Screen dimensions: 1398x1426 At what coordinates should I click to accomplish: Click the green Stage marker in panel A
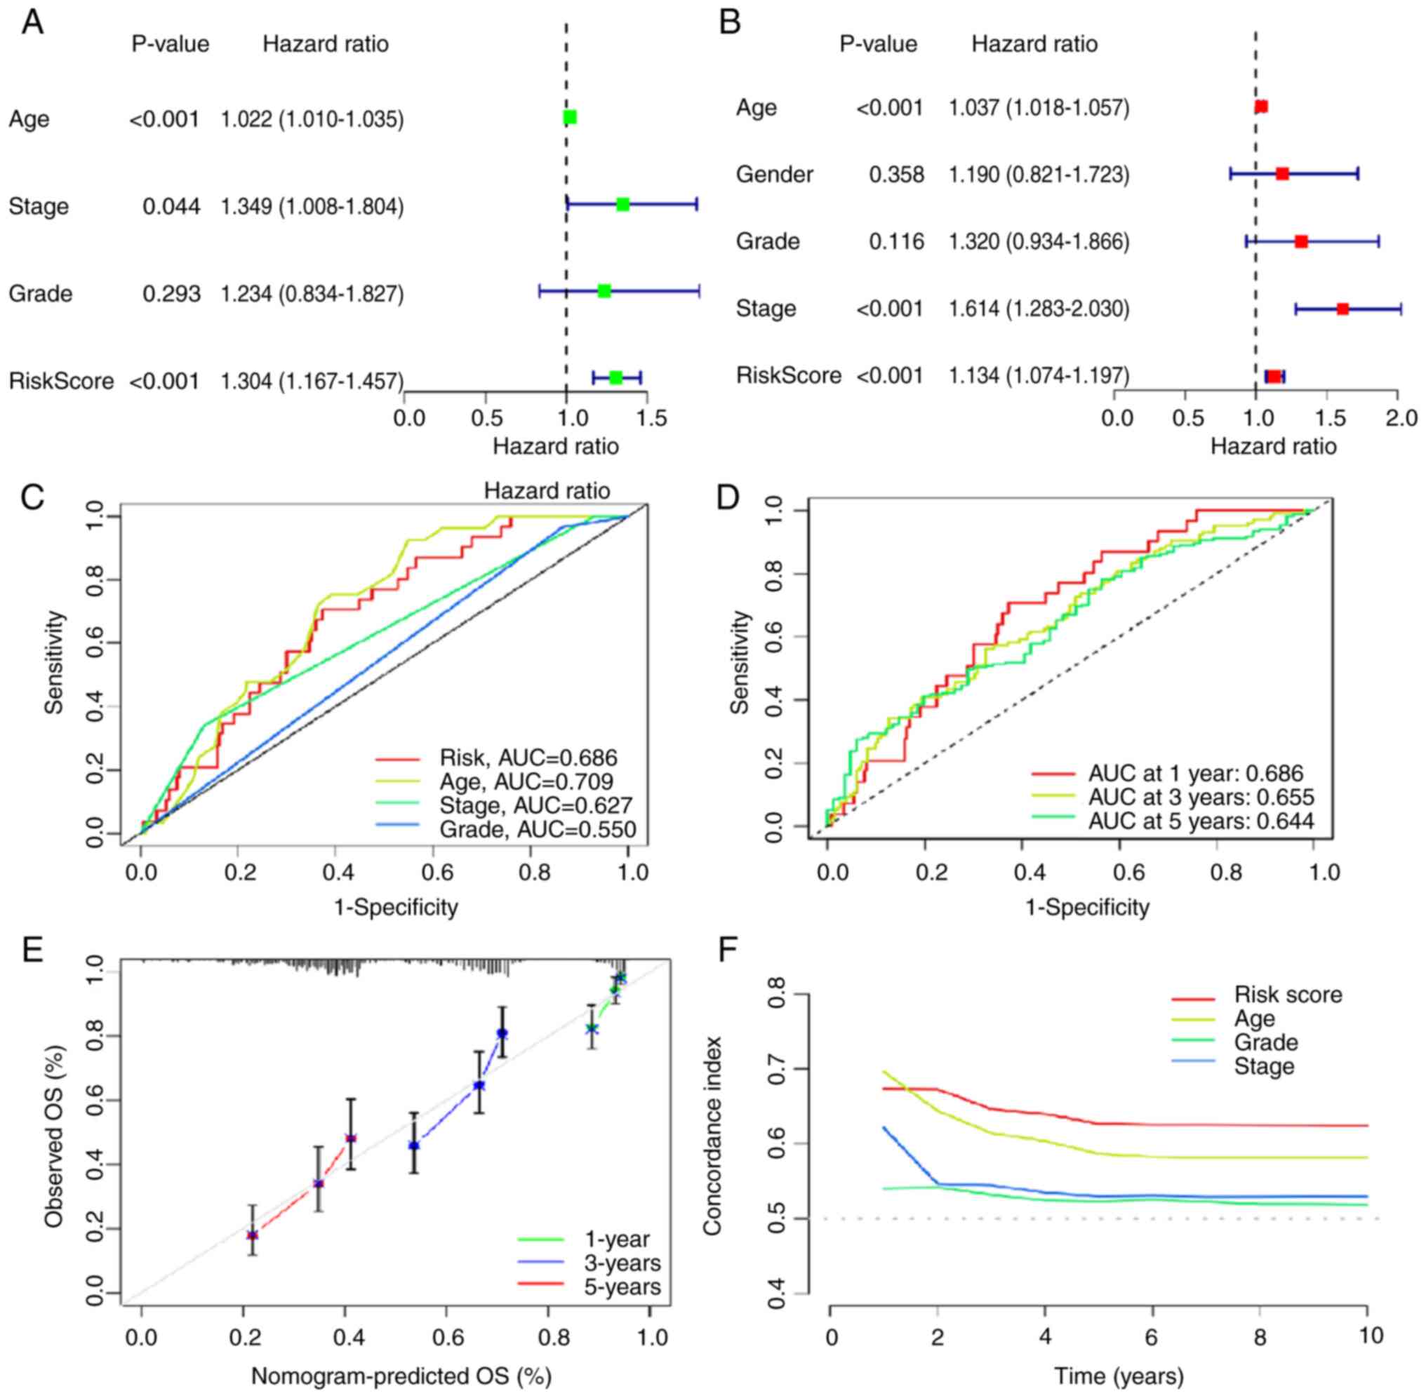[x=622, y=205]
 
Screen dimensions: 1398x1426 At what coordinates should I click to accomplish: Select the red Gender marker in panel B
[x=1282, y=174]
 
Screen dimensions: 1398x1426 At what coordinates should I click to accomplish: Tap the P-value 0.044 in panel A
[x=171, y=207]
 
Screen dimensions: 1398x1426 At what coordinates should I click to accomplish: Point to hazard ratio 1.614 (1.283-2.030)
[x=1039, y=309]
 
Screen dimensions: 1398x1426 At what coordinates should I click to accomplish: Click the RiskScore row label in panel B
[x=788, y=375]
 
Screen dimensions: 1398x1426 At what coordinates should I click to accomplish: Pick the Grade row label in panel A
[x=41, y=294]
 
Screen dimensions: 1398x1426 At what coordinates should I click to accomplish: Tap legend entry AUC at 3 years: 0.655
[x=1201, y=798]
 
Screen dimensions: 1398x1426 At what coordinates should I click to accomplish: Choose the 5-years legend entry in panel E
[x=622, y=1287]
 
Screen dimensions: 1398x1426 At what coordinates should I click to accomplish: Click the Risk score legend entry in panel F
[x=1288, y=995]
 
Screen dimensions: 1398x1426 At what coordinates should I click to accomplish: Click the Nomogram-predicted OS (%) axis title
[x=401, y=1376]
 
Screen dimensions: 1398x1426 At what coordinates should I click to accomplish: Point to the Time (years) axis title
[x=1119, y=1376]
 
